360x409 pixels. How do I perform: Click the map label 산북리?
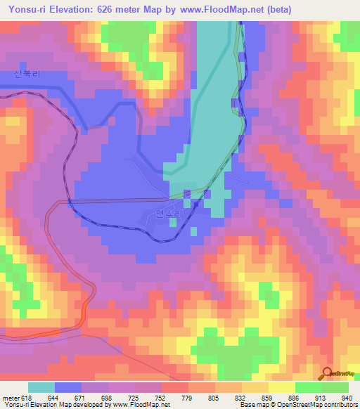pos(24,73)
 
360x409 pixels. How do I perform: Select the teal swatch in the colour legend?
pos(41,387)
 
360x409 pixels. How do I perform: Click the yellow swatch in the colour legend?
pos(282,387)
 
